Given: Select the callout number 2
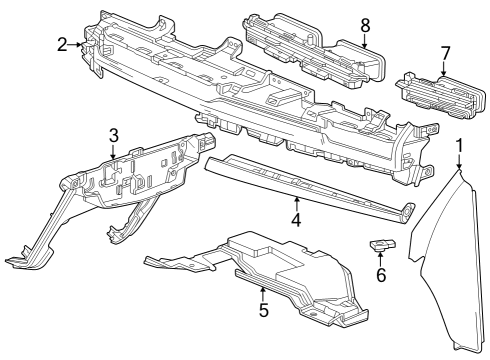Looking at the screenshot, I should click(62, 44).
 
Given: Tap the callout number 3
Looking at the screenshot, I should click(114, 134).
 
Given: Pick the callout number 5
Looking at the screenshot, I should click(263, 309).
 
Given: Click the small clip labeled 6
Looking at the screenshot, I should click(381, 244).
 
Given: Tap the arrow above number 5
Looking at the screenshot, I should click(263, 293).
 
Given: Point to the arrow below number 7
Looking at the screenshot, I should click(444, 68).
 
